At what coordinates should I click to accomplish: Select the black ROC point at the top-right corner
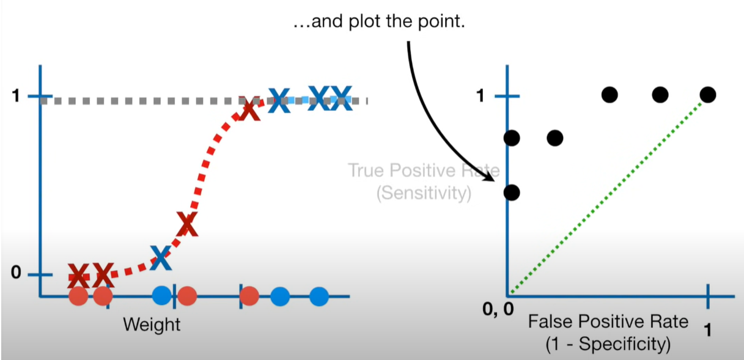(x=708, y=95)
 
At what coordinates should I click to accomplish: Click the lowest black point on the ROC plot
(x=512, y=193)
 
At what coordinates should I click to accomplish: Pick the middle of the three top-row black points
(x=660, y=95)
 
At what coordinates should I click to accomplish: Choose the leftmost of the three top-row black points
(x=610, y=95)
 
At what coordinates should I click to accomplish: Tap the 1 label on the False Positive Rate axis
(x=708, y=331)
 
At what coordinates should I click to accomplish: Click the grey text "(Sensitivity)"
(x=424, y=194)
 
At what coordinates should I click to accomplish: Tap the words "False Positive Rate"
(x=608, y=321)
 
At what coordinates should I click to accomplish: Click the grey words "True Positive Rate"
(x=424, y=171)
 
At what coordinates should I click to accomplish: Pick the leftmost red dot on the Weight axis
(x=78, y=296)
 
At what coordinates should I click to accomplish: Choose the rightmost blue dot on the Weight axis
(x=319, y=296)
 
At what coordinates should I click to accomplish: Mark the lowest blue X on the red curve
(x=161, y=257)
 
